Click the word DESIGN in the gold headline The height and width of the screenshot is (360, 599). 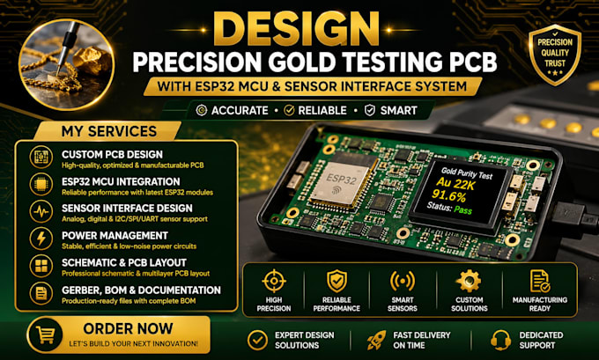tap(296, 29)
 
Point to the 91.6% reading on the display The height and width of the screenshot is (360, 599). tap(449, 196)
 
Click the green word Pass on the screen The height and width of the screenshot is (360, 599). tap(463, 209)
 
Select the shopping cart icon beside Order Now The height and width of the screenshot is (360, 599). tap(45, 334)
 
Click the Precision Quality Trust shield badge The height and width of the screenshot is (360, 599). tap(555, 54)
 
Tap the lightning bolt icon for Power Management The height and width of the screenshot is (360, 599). tap(41, 239)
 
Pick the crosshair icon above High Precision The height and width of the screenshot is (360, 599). tap(274, 281)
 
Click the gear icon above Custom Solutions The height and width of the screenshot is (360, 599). tap(469, 282)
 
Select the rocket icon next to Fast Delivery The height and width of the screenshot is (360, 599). tap(376, 340)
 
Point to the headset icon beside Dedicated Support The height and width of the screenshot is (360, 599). tap(500, 340)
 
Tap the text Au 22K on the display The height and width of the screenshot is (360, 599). tap(455, 184)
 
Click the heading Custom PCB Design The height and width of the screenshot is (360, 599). tap(113, 155)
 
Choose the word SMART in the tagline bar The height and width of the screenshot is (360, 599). tap(398, 111)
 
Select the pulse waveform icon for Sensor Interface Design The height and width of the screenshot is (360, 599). tap(41, 212)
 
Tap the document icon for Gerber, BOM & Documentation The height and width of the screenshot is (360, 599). tap(41, 293)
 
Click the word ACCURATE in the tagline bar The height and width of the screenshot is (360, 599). tap(240, 111)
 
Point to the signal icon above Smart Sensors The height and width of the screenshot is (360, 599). tap(403, 281)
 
